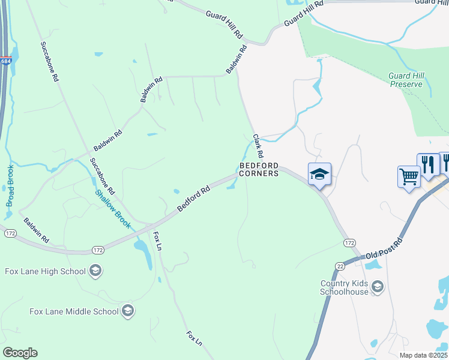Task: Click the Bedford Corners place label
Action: click(x=259, y=169)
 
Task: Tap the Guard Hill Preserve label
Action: click(x=410, y=80)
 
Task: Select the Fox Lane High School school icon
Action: click(x=95, y=271)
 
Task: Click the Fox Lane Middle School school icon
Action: click(x=127, y=311)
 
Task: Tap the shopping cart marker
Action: click(x=409, y=177)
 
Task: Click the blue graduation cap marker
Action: click(x=319, y=174)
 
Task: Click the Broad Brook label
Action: click(x=10, y=185)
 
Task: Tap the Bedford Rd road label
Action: click(x=193, y=199)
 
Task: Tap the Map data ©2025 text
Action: click(x=423, y=355)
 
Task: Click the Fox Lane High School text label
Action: click(x=46, y=271)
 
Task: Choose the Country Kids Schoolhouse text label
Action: click(x=352, y=287)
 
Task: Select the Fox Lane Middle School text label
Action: click(x=74, y=311)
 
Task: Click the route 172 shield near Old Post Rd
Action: click(x=349, y=243)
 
